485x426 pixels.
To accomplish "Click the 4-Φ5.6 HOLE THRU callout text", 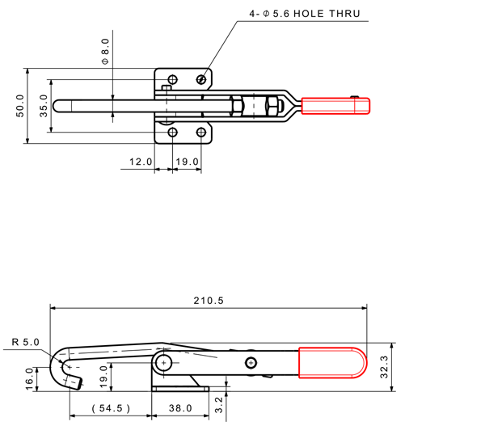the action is pos(305,14).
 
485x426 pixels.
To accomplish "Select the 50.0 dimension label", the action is pos(19,106).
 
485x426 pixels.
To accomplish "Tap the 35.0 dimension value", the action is pos(44,106).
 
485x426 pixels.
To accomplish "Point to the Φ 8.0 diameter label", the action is pos(105,52).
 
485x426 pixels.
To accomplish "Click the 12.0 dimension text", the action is pos(141,162).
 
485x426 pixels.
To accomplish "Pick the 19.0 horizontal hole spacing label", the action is pos(188,162).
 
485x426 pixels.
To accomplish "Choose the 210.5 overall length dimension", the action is pos(209,301).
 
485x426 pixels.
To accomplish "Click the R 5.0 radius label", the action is pos(26,342).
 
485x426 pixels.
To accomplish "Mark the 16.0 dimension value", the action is pos(29,378).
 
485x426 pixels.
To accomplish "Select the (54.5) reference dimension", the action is pos(111,408).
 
